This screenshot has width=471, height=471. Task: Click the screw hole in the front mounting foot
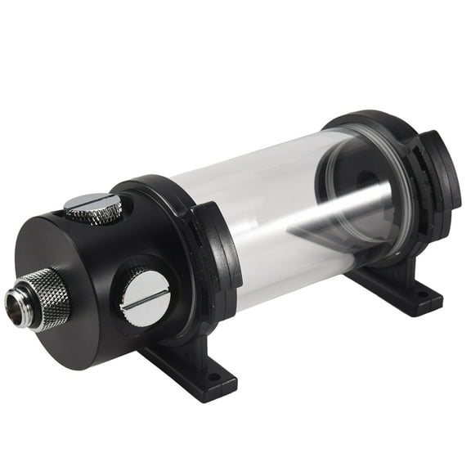click(x=214, y=379)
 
